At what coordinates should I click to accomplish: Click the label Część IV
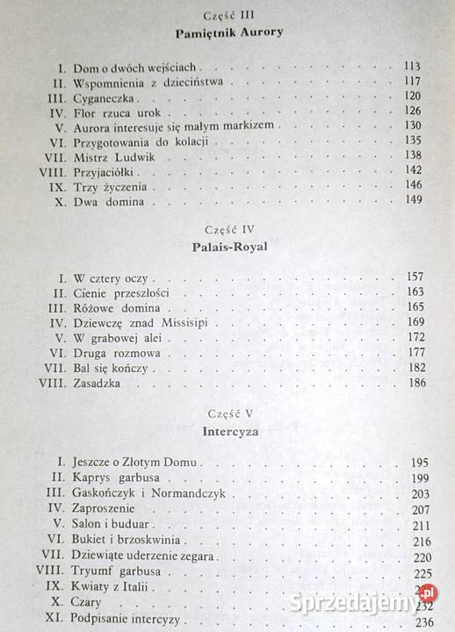(227, 230)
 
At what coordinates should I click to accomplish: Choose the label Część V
(227, 413)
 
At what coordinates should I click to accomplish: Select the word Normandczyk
(178, 493)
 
